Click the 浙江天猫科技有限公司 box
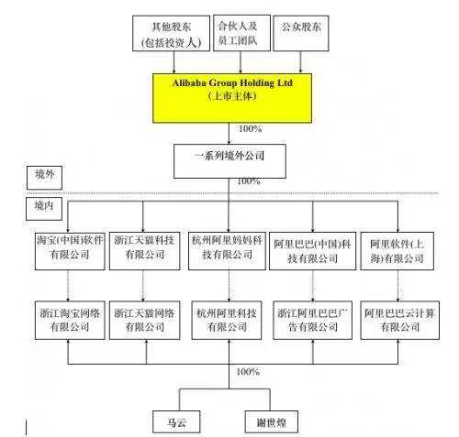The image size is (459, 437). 146,248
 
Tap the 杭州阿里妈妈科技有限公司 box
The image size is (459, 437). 229,248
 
